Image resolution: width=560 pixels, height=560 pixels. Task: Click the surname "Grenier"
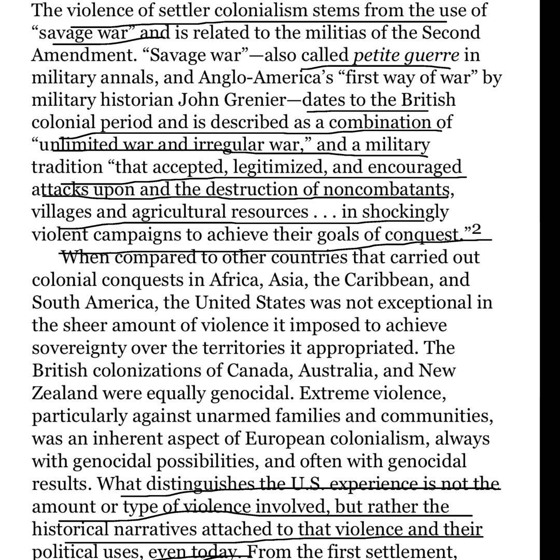point(250,100)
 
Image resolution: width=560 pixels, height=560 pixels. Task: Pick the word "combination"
point(380,122)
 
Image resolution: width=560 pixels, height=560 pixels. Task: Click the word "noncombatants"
point(386,189)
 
